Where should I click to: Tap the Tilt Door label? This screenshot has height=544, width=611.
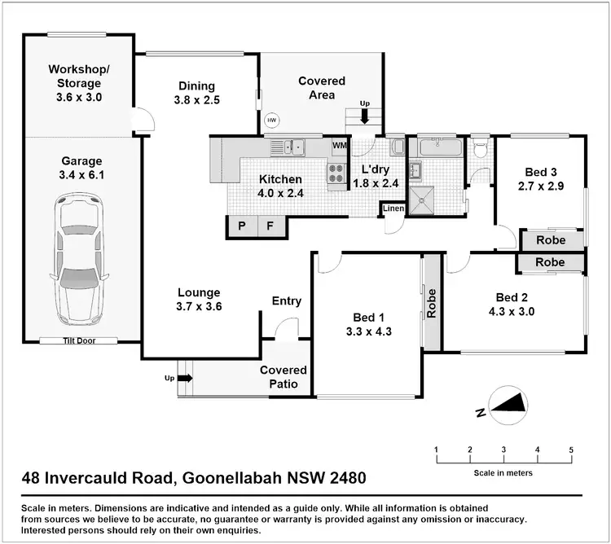pyautogui.click(x=80, y=340)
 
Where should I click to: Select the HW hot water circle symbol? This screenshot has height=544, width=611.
pyautogui.click(x=271, y=121)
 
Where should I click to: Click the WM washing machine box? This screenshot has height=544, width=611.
pyautogui.click(x=339, y=146)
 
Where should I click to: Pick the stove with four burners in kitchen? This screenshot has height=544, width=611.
pyautogui.click(x=336, y=173)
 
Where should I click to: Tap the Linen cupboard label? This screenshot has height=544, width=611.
pyautogui.click(x=393, y=209)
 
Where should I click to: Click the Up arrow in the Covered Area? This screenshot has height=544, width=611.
pyautogui.click(x=364, y=116)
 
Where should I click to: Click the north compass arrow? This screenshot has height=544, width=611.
pyautogui.click(x=510, y=403)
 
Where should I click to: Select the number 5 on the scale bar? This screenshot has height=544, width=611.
pyautogui.click(x=571, y=450)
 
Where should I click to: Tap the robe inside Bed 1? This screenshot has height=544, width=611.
pyautogui.click(x=432, y=303)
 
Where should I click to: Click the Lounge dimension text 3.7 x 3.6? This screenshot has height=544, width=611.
pyautogui.click(x=200, y=307)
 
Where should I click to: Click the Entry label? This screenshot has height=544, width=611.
pyautogui.click(x=287, y=301)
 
